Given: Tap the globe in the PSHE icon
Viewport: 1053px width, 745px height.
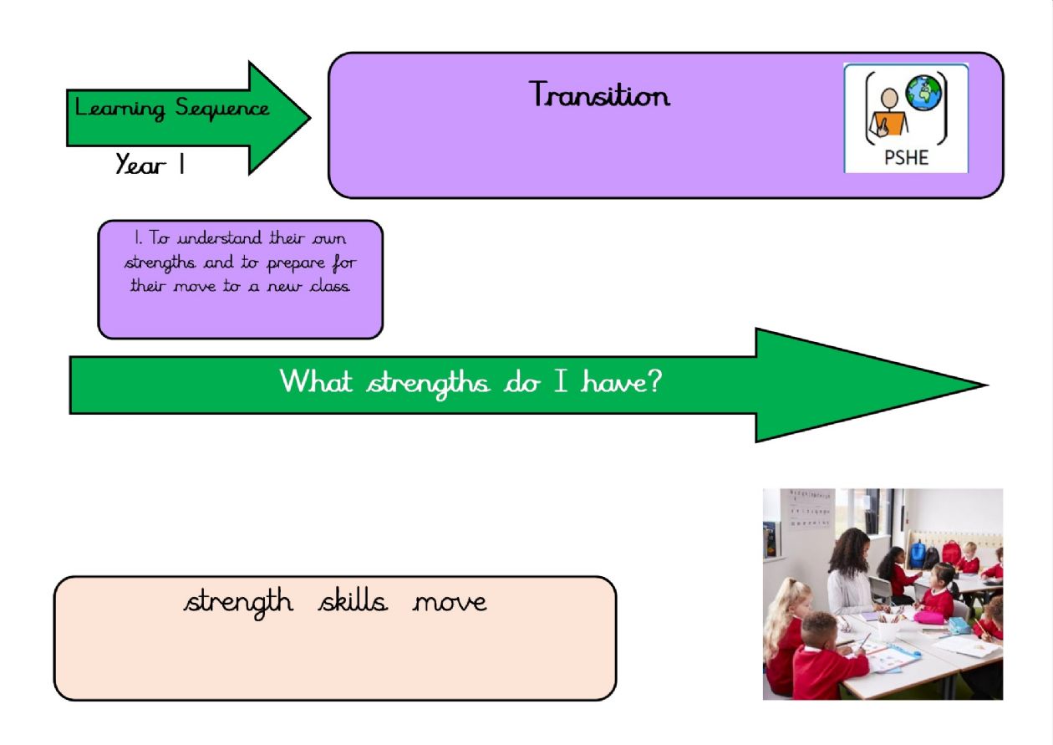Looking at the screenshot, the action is [x=923, y=93].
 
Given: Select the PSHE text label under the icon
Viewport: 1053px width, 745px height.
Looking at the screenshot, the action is [x=906, y=157].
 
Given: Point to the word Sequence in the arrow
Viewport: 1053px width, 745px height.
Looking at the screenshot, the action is [x=222, y=108].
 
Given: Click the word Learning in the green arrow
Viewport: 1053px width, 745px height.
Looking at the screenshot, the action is [x=120, y=108].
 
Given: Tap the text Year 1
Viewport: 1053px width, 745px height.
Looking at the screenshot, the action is [x=150, y=164].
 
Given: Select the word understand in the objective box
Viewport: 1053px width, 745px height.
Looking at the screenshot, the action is [x=220, y=237].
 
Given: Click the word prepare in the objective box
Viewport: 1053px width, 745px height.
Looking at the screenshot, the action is [x=296, y=263].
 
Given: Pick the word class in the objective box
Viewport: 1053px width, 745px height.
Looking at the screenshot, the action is [x=330, y=285].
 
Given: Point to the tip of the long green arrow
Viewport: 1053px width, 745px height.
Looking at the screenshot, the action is [x=988, y=385].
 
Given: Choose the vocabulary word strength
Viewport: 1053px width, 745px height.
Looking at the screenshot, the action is [x=238, y=603].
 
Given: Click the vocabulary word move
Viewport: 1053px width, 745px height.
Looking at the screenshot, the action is [x=450, y=603].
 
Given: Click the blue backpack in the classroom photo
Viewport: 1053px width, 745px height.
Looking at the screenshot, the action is [x=917, y=554].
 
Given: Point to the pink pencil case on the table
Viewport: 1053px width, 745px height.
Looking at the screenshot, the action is [x=929, y=616].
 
